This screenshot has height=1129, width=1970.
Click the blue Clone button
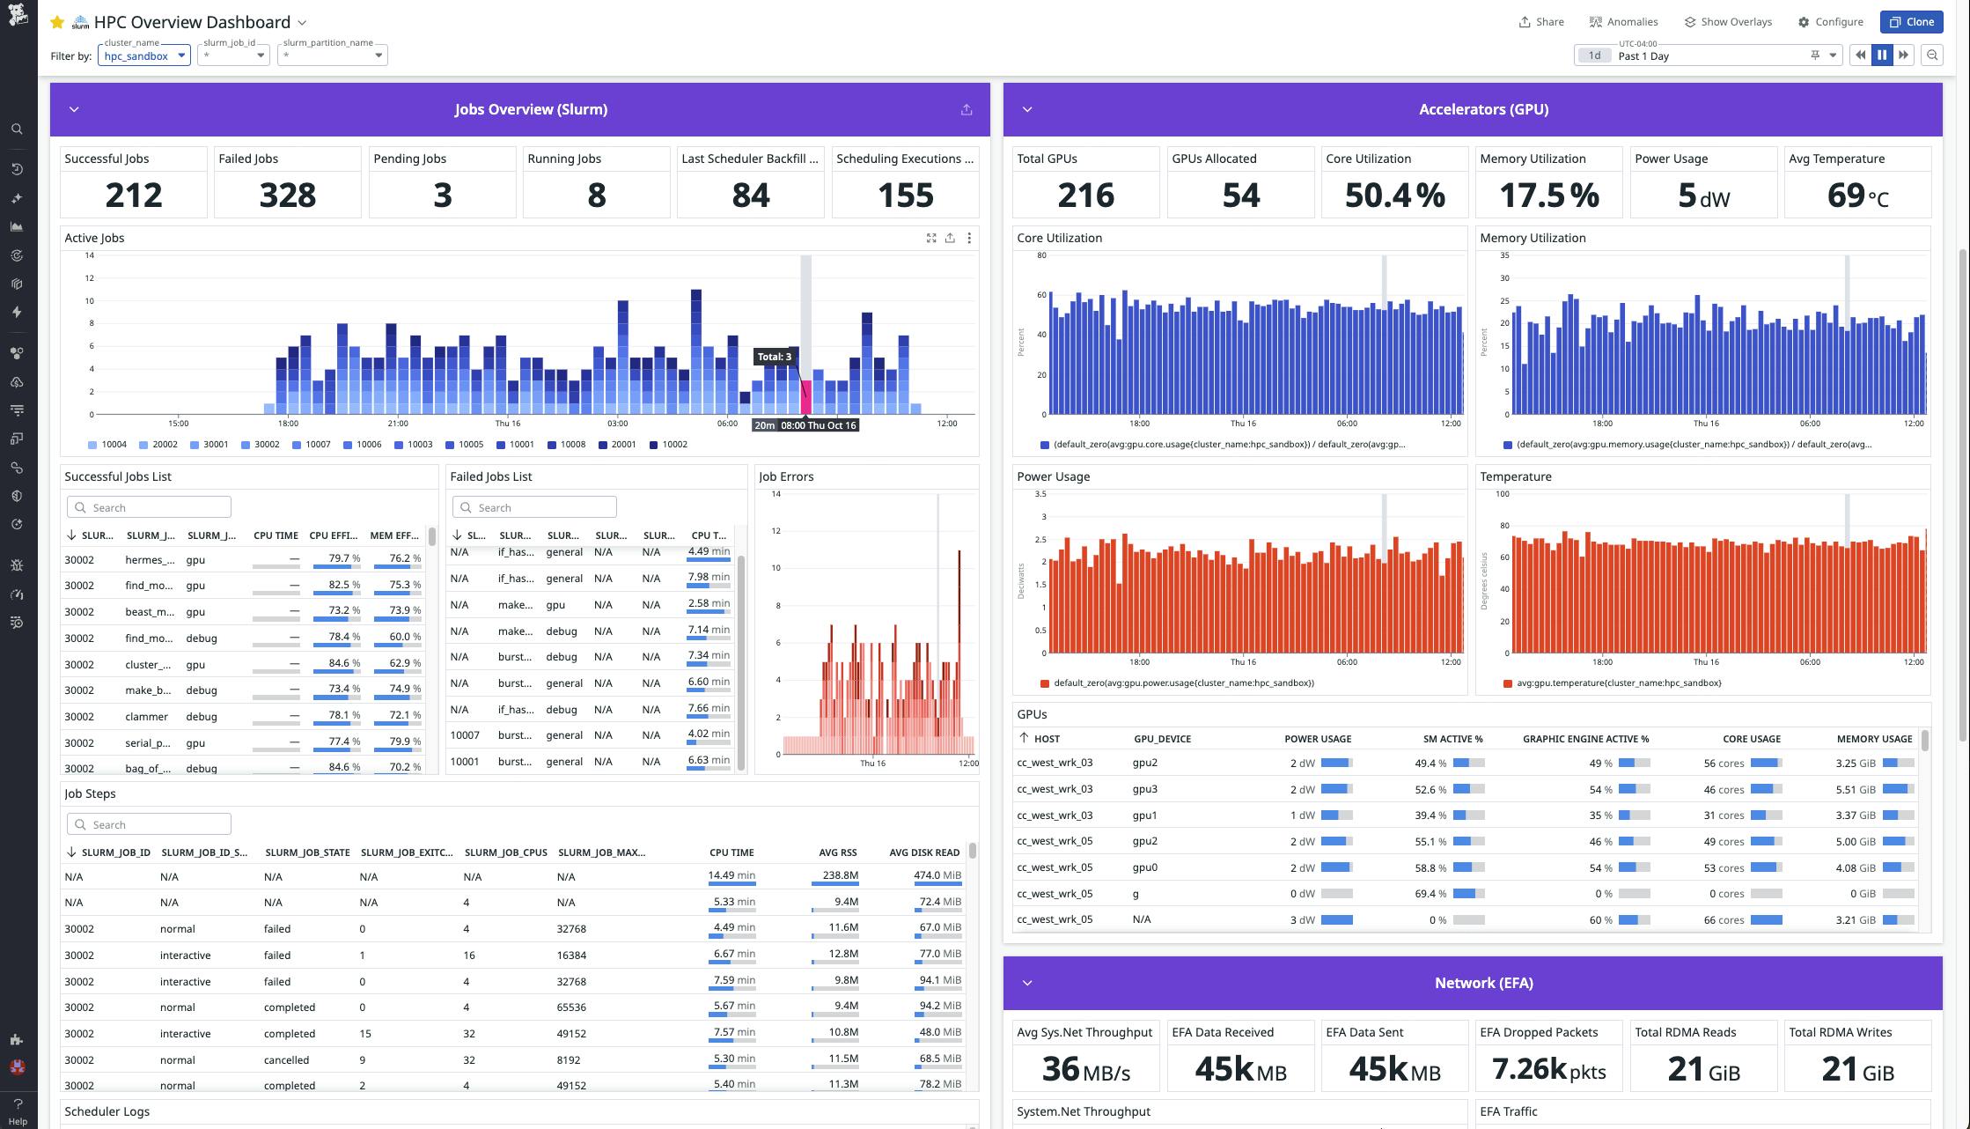click(x=1911, y=22)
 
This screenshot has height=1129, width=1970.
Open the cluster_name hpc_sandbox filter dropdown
click(x=144, y=55)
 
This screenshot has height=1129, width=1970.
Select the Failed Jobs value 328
click(x=287, y=195)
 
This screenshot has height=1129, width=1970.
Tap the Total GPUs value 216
click(x=1085, y=195)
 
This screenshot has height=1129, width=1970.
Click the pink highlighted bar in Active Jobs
click(x=805, y=396)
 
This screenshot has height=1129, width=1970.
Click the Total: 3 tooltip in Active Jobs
click(x=775, y=357)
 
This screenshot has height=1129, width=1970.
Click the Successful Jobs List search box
click(x=150, y=507)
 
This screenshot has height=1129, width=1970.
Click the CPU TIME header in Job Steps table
click(x=731, y=852)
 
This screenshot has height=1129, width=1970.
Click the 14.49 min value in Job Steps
click(x=731, y=875)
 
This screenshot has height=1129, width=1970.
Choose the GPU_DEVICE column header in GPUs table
click(x=1162, y=739)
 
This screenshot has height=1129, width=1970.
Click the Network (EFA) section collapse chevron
click(x=1026, y=983)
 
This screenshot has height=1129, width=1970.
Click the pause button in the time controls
click(x=1882, y=55)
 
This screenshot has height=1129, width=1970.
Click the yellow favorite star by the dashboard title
click(x=57, y=22)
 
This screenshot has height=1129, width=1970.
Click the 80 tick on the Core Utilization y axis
click(x=1041, y=255)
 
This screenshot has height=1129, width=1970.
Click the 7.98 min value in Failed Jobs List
click(x=709, y=577)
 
